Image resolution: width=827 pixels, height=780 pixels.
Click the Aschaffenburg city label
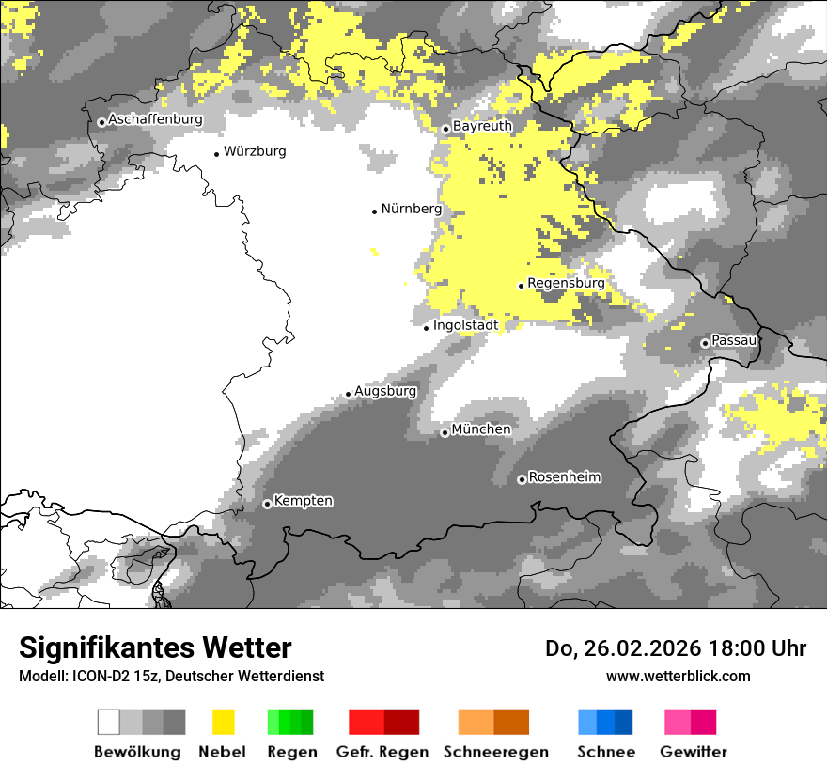tap(155, 120)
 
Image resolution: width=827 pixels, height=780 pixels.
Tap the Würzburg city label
tap(255, 151)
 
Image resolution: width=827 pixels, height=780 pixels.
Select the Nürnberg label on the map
tap(411, 210)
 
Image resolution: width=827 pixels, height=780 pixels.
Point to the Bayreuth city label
tap(482, 126)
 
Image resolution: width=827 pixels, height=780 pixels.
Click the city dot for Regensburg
tap(521, 286)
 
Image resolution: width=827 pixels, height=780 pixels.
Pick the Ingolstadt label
tap(465, 326)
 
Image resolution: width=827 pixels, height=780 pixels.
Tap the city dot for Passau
tap(705, 343)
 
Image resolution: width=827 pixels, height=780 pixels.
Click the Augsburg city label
tap(384, 391)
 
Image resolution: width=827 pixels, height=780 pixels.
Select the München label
tap(481, 429)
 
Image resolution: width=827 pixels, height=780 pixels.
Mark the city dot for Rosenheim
tap(522, 480)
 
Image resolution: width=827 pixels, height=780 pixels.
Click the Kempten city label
tap(303, 501)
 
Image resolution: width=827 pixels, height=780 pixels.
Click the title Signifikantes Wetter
tap(155, 648)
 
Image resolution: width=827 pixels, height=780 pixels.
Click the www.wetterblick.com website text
tap(678, 676)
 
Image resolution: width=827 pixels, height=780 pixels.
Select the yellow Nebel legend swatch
tap(223, 722)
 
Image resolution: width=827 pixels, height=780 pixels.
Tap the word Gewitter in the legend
tap(694, 752)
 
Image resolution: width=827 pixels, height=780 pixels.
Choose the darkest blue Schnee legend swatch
tap(623, 722)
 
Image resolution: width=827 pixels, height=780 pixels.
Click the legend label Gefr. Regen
tap(382, 752)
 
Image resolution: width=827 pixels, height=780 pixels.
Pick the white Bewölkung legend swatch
tap(108, 722)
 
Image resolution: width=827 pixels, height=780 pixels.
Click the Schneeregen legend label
tap(495, 752)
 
